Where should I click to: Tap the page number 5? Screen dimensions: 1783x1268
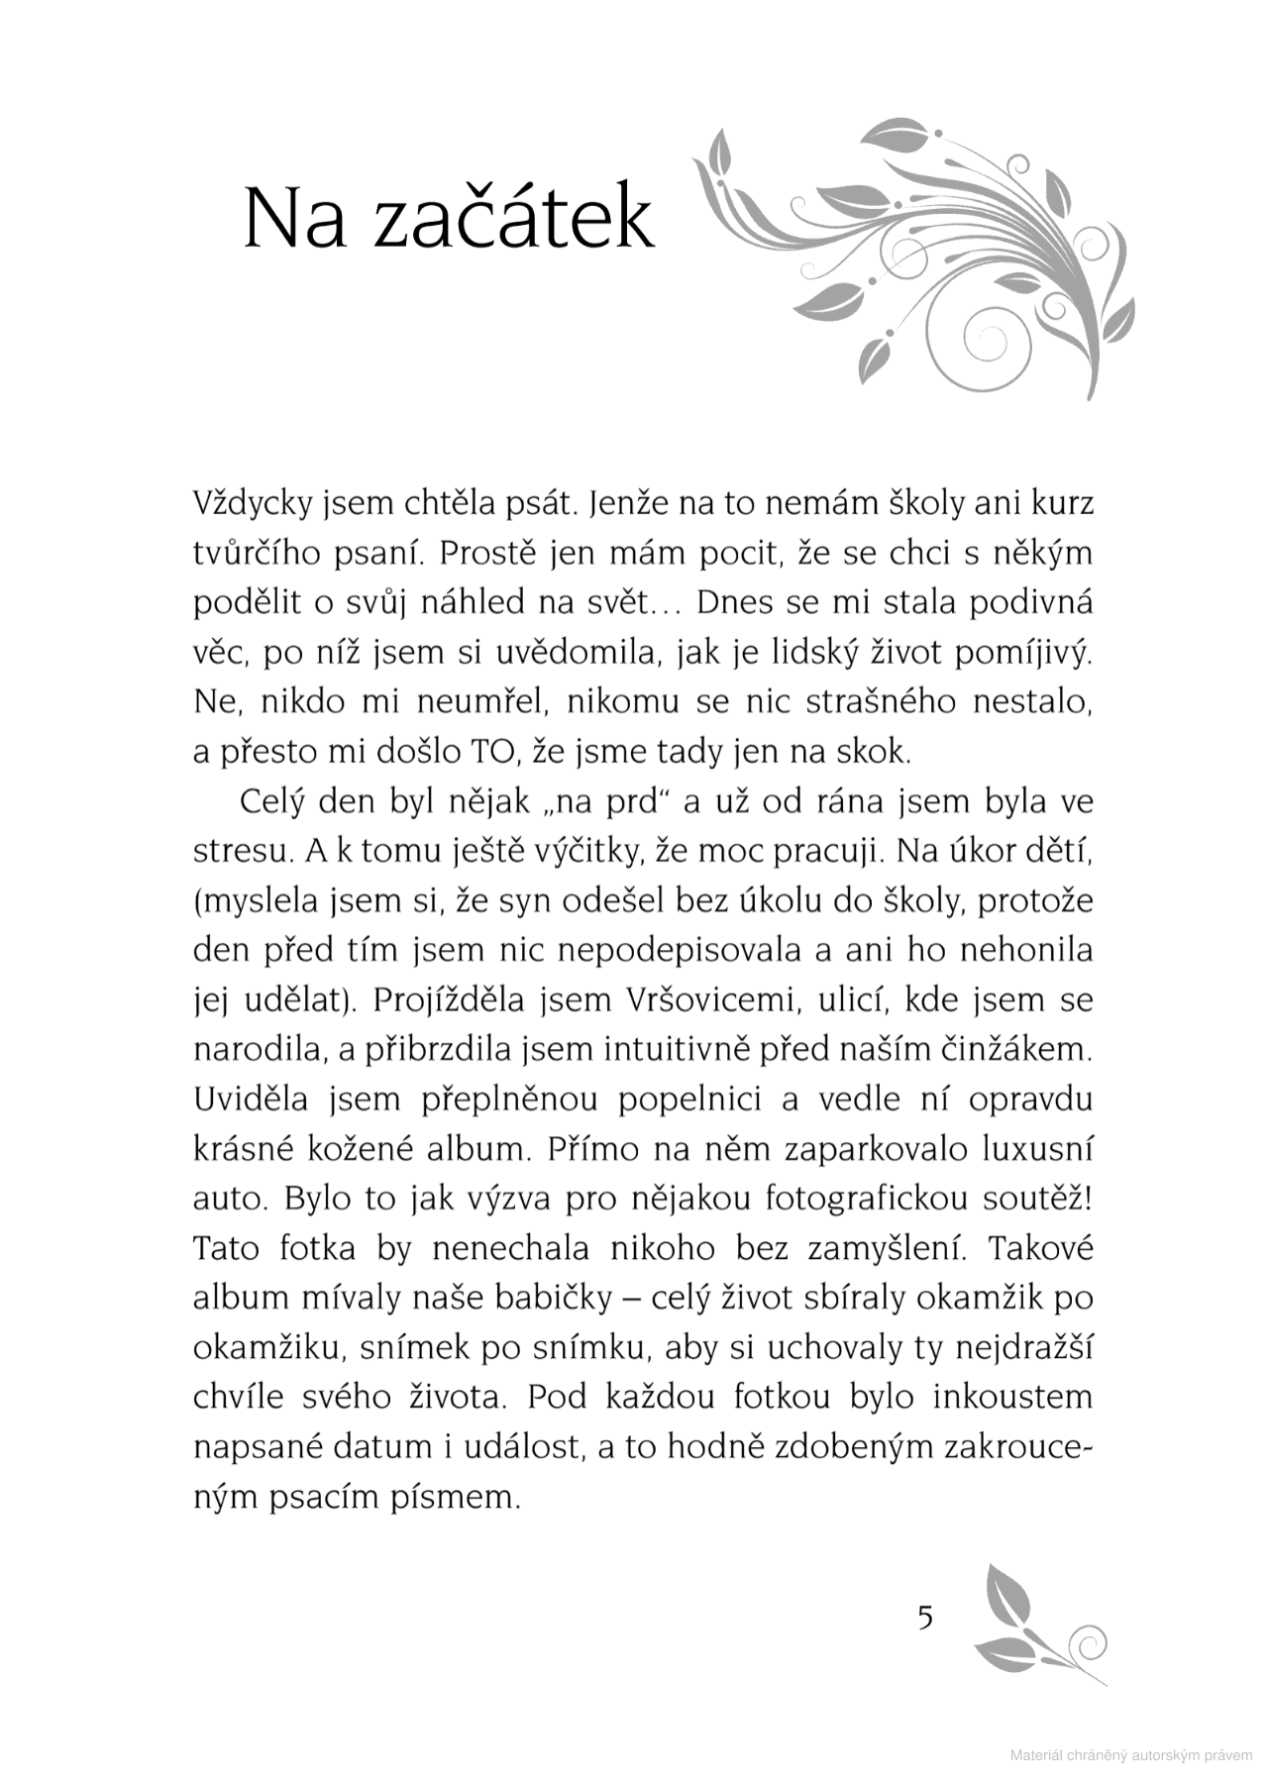pos(924,1618)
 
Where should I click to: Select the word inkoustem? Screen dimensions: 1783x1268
pos(1012,1397)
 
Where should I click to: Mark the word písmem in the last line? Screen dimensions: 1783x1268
pos(464,1497)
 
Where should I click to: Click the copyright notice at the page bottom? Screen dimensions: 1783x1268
pos(1130,1755)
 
